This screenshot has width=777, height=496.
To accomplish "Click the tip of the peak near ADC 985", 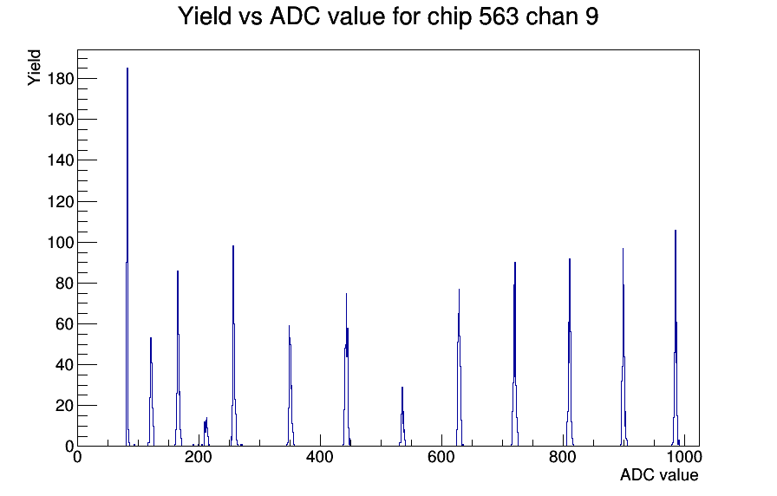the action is point(676,231).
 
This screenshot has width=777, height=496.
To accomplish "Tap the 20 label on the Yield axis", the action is point(64,406).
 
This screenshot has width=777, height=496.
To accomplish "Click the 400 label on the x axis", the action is point(320,457).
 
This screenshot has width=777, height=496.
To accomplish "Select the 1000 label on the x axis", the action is point(684,457).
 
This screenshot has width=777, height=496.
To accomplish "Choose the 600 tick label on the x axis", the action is point(441,457).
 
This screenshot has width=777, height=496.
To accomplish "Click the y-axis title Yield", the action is point(34,68).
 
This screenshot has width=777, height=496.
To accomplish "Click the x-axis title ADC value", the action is point(659,474).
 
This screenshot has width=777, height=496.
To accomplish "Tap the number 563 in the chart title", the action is point(499,16).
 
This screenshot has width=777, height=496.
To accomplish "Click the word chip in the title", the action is point(449,17).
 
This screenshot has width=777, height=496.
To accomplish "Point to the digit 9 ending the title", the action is point(592,16).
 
